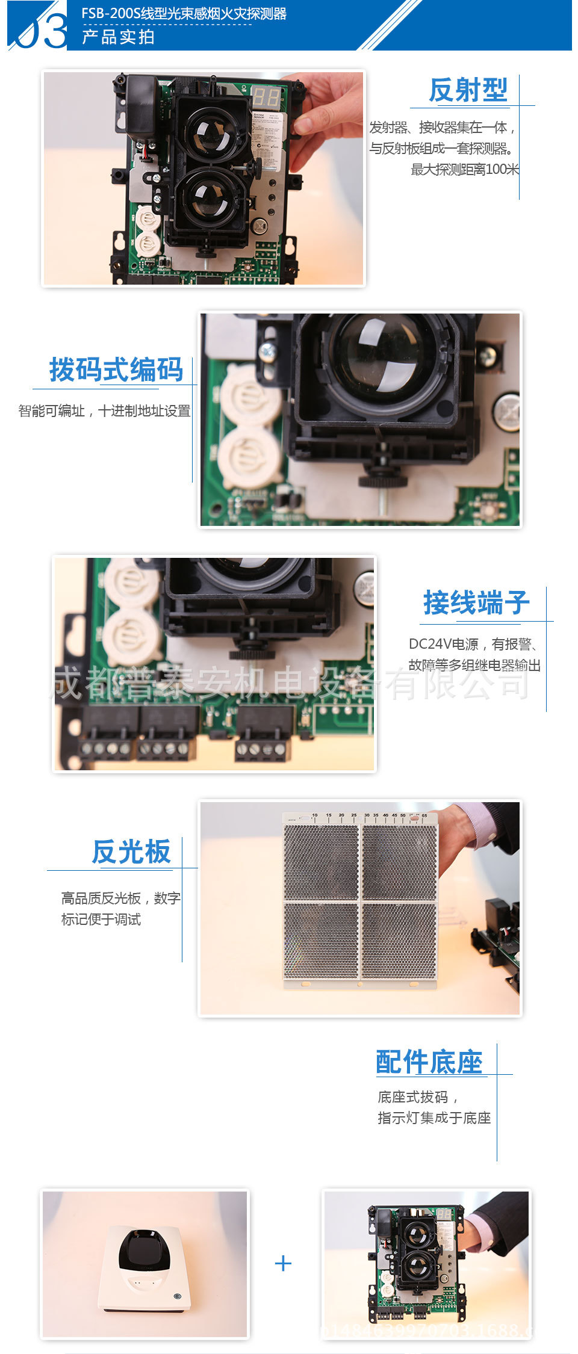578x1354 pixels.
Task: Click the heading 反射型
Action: [x=468, y=90]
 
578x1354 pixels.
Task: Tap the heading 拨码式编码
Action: [x=116, y=369]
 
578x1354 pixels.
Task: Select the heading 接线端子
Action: [x=476, y=603]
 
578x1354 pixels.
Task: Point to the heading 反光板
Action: [x=131, y=852]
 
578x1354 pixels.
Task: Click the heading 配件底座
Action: [x=429, y=1062]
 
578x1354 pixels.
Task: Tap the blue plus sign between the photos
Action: [x=283, y=1263]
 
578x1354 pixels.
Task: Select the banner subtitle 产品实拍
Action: [x=119, y=37]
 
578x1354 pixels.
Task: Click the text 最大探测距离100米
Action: [x=464, y=170]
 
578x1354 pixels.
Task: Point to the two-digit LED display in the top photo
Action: [x=266, y=97]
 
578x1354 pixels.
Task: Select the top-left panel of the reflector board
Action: [x=321, y=862]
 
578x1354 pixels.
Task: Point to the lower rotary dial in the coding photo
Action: [x=248, y=457]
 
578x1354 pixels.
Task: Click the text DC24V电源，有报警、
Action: [x=473, y=645]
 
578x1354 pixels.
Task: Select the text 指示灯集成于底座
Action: [x=434, y=1118]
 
